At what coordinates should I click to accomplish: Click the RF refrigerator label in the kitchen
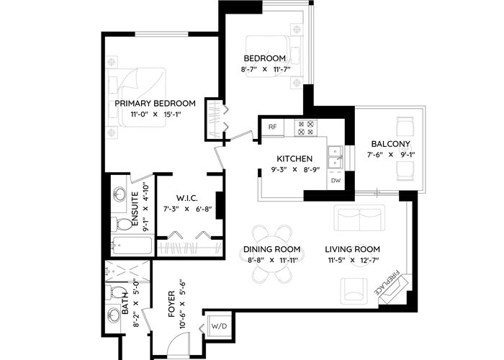tap(272, 127)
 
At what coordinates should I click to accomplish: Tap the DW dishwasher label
tap(336, 181)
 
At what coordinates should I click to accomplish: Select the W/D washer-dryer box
tap(219, 326)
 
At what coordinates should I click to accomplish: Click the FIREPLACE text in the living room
tap(387, 283)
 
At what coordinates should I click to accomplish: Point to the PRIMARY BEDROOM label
tap(156, 104)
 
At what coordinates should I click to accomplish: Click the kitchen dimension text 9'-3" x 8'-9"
tap(294, 169)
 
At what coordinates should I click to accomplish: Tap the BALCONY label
tap(390, 144)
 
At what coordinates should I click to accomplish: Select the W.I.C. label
tap(186, 198)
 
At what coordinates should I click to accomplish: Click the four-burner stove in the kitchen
tap(306, 128)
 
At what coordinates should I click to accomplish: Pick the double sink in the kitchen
tap(336, 157)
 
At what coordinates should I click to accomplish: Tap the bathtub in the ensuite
tap(132, 246)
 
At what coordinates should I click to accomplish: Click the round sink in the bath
tap(114, 315)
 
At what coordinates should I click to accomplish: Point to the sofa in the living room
tap(359, 217)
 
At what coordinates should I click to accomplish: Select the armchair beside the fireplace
tap(354, 291)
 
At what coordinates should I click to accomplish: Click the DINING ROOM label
tap(271, 249)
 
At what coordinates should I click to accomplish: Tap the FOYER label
tap(171, 304)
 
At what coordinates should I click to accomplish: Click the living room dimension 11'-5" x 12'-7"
tap(352, 261)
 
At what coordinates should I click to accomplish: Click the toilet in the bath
tap(117, 292)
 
